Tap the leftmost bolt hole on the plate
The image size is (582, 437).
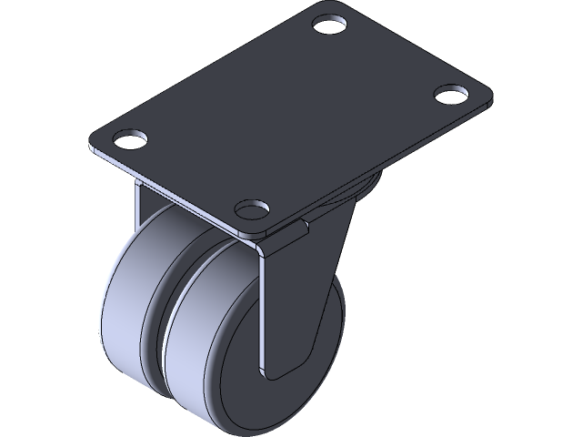click(x=131, y=141)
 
